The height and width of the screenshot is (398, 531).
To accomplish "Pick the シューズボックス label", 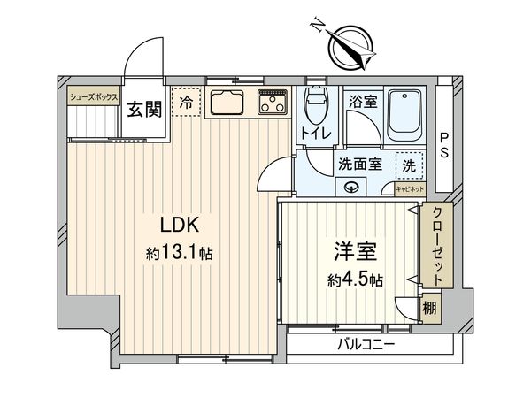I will point(93,98).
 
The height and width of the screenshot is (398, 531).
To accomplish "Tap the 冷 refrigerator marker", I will point(185,103).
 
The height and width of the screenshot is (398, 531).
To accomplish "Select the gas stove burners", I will point(272,103).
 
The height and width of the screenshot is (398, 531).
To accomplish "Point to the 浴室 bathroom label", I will point(363,102).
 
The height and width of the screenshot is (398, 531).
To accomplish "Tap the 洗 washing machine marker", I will point(409,164).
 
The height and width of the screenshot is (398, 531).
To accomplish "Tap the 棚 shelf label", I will point(429,309).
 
